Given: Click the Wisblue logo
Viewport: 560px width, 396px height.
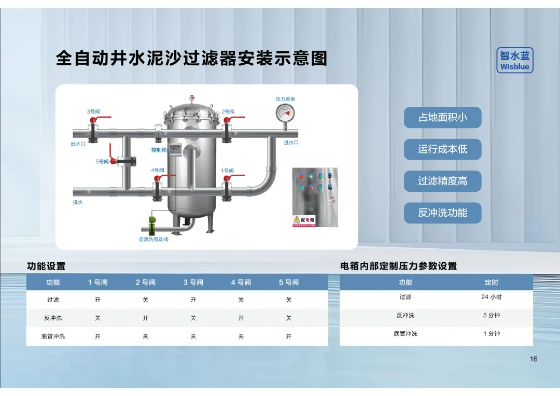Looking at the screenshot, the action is click(x=514, y=61).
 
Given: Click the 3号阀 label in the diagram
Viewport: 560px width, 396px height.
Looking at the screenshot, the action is click(x=93, y=111).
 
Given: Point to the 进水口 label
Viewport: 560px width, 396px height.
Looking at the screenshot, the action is click(x=291, y=143).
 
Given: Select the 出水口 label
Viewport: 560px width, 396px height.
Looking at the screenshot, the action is click(x=78, y=144).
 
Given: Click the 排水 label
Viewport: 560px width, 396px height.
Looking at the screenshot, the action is click(x=78, y=202).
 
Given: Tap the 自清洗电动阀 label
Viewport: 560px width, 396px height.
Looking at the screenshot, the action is click(x=153, y=239).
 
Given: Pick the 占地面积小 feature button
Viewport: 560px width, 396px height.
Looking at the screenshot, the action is click(x=442, y=118).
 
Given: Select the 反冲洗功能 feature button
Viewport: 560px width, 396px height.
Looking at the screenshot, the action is click(x=442, y=213).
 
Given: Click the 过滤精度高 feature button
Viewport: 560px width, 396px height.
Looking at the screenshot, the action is click(x=442, y=181).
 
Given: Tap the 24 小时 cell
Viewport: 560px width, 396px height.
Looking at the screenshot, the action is click(x=491, y=297).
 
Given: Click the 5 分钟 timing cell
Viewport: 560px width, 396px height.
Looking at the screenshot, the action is click(x=491, y=315).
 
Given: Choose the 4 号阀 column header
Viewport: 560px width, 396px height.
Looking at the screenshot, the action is click(x=241, y=282).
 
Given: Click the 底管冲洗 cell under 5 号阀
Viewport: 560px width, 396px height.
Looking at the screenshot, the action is click(x=289, y=336).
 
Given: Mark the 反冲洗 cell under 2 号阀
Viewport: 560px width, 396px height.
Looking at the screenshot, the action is click(x=146, y=318).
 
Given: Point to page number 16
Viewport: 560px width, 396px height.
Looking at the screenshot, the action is click(x=534, y=359).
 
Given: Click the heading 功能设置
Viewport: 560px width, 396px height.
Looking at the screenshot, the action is click(x=46, y=266).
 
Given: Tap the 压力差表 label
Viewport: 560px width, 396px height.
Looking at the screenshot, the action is click(x=285, y=99).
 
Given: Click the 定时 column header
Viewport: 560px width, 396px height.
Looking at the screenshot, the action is click(x=491, y=282).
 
